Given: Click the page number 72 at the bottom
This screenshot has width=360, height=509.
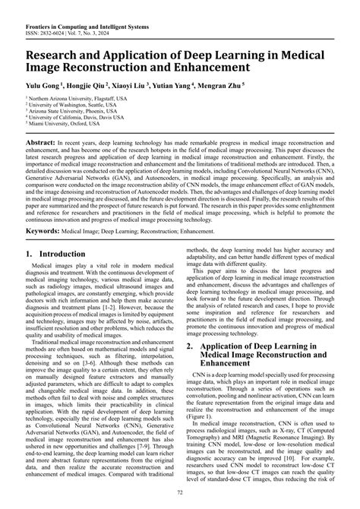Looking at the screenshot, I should [x=179, y=493].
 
